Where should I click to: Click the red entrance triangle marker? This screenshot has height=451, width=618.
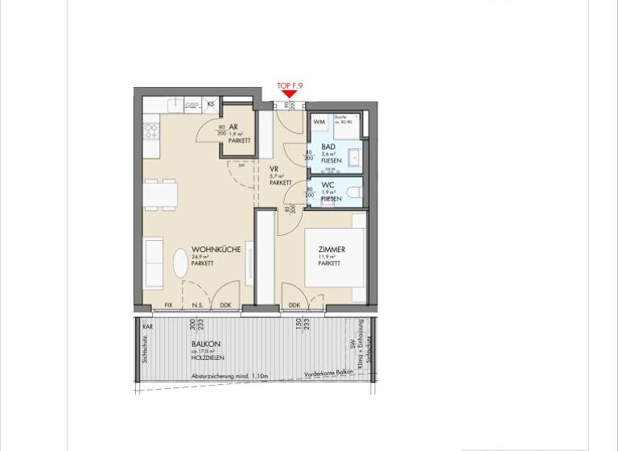288,94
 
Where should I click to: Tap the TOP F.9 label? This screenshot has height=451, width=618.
289,85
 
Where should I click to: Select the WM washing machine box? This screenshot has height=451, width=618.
319,122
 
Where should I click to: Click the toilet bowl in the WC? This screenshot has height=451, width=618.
354,194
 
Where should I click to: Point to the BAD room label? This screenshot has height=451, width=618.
328,147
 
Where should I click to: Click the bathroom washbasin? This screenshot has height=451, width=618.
353,156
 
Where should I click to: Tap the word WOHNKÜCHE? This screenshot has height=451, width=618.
216,250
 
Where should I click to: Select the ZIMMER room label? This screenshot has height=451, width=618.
332,250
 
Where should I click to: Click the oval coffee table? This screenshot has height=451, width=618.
178,263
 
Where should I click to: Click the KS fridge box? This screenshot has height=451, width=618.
211,104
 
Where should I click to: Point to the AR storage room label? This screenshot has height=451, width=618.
233,127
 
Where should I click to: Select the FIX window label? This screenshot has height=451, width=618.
169,305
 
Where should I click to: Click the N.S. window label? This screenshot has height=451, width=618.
198,305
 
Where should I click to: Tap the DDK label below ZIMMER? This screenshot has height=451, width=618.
294,305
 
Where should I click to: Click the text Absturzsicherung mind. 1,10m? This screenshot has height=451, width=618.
229,376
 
